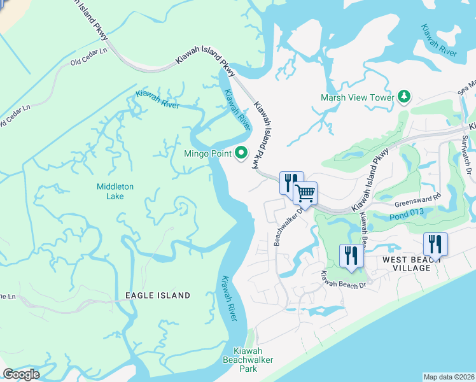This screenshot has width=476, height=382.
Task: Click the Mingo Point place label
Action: [x=207, y=153]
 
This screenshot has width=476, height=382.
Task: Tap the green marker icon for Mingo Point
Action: [x=241, y=153]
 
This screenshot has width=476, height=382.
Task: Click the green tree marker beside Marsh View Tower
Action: [x=403, y=97]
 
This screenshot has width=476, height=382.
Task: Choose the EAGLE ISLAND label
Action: [x=158, y=295]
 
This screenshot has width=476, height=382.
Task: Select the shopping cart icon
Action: [x=305, y=192]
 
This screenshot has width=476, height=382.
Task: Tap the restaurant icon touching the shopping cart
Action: [x=290, y=183]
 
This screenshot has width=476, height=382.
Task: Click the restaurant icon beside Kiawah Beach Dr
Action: [x=351, y=255]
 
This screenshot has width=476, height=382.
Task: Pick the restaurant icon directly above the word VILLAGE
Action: [x=435, y=244]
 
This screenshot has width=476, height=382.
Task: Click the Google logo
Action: [x=21, y=374]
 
